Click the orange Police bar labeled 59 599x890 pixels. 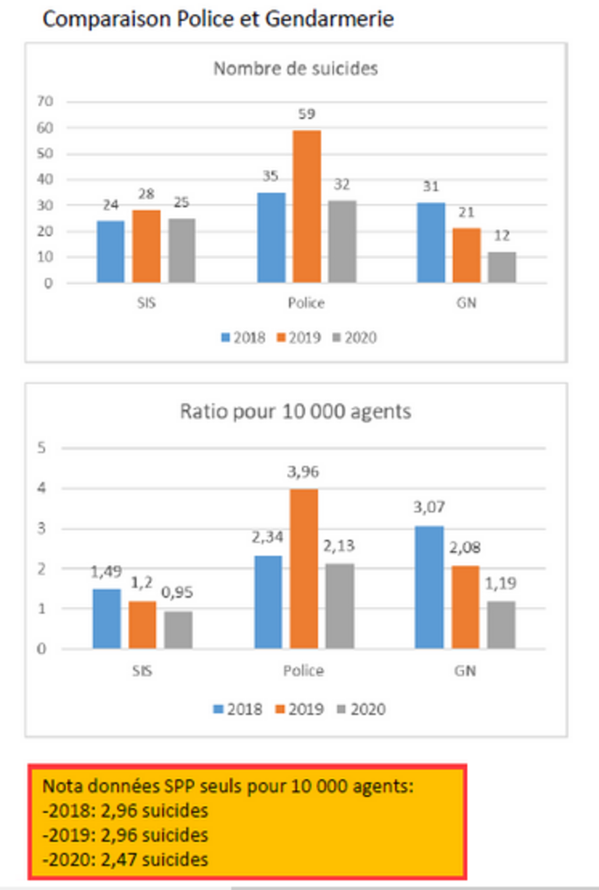tap(306, 207)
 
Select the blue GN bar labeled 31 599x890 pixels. tap(431, 243)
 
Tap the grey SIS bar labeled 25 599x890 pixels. tap(181, 251)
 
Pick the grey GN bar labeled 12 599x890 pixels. tap(502, 267)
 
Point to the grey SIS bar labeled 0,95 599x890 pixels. tap(178, 630)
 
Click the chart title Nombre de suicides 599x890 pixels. tap(296, 68)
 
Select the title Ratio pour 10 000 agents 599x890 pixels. tap(295, 411)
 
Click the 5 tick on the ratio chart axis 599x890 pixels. tap(41, 449)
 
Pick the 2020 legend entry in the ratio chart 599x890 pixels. tap(360, 710)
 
